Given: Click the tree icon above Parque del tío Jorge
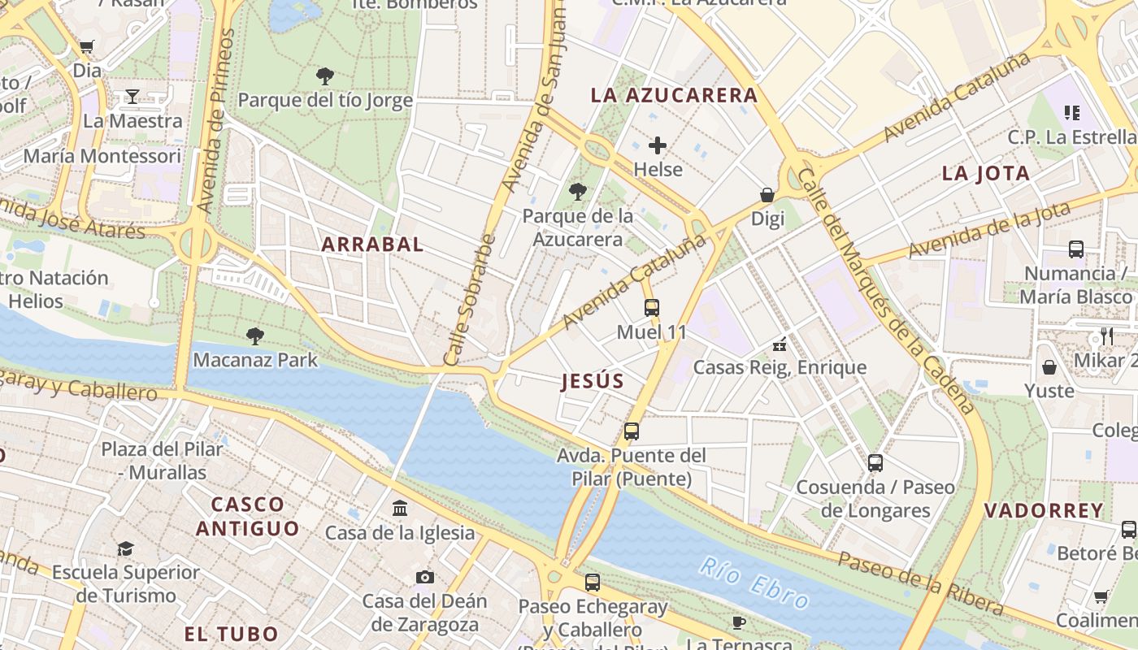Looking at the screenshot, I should (x=325, y=76).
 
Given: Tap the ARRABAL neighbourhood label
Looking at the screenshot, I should (x=372, y=245).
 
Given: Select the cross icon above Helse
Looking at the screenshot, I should (x=658, y=145).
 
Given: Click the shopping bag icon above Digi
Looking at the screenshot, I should (x=767, y=195).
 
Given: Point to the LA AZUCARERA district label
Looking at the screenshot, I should (x=674, y=95).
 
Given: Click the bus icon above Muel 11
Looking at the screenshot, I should (x=651, y=308).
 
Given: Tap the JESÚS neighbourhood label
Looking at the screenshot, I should (x=593, y=382).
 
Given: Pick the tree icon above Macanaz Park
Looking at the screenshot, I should (x=255, y=336).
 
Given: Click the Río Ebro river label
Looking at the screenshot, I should (x=755, y=583).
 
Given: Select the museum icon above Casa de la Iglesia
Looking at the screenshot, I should (x=400, y=509).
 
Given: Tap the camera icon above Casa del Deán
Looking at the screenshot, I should (x=424, y=577).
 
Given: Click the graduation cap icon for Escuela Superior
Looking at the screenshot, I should (x=125, y=548).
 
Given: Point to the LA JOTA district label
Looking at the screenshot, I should (x=986, y=173).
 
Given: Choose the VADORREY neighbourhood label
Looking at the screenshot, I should (x=1044, y=511).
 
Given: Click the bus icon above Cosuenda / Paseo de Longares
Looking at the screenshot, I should (x=875, y=463).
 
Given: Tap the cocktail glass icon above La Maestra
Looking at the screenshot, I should (x=132, y=97).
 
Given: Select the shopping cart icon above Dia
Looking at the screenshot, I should (x=87, y=46).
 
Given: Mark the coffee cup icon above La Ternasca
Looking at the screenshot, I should (x=738, y=622).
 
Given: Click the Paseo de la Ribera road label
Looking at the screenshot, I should (x=920, y=583).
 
